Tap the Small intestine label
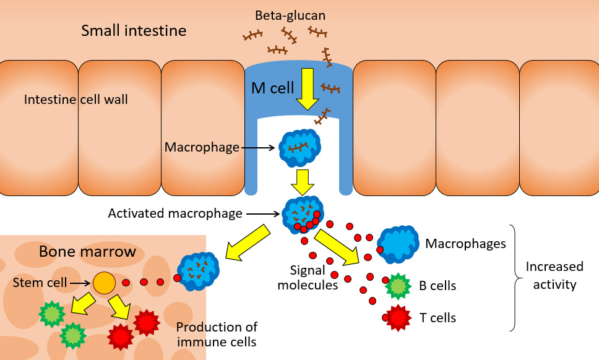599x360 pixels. [x=134, y=30]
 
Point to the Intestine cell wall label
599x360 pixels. [x=76, y=99]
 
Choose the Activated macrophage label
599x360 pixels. [x=175, y=213]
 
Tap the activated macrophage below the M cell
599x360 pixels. [x=301, y=213]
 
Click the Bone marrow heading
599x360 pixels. [x=87, y=252]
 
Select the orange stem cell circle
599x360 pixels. [x=105, y=283]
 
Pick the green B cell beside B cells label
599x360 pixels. [x=397, y=286]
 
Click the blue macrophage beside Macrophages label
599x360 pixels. [x=399, y=244]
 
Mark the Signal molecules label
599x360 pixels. [x=308, y=278]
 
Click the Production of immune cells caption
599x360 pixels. [x=217, y=334]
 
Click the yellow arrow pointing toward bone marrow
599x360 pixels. [x=248, y=242]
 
